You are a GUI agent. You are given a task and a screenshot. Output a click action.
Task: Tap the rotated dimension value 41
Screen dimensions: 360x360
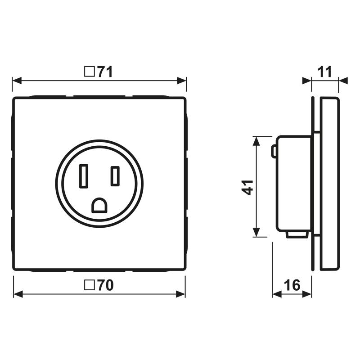tap(247, 187)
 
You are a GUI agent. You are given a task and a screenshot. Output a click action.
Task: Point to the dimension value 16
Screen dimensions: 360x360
tap(292, 285)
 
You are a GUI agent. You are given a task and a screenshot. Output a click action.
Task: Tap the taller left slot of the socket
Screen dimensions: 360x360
tap(84, 176)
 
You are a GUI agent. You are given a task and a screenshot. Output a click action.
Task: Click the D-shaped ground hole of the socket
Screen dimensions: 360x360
tap(99, 206)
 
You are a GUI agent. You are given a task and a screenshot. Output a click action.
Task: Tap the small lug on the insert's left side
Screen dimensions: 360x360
tap(274, 151)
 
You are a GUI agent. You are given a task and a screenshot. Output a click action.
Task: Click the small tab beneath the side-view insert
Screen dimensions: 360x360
tap(296, 234)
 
